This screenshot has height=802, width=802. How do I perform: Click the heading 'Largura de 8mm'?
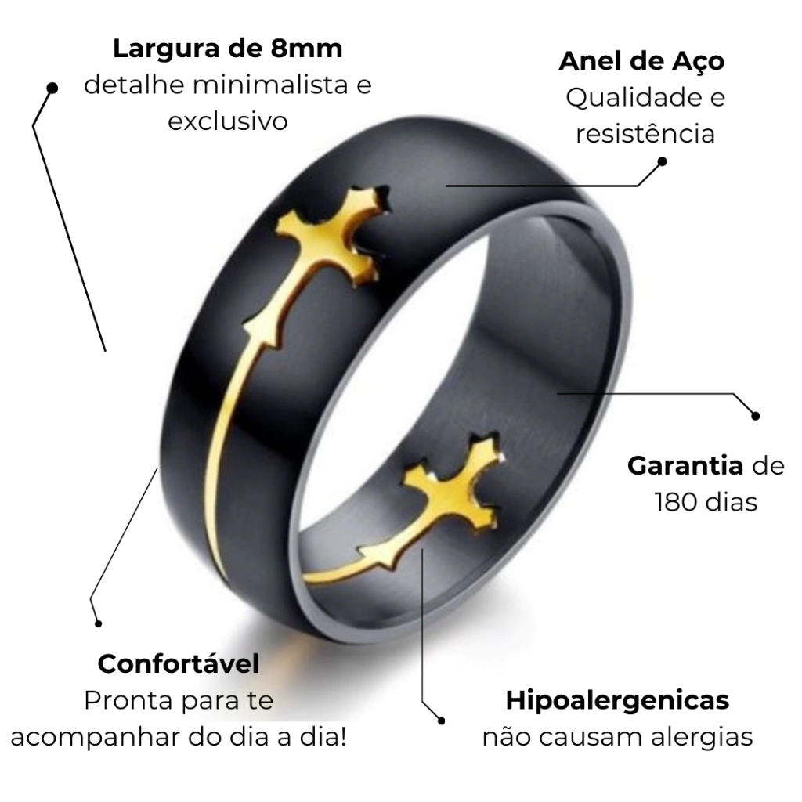pyautogui.click(x=228, y=49)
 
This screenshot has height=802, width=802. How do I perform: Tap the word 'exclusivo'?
pyautogui.click(x=228, y=121)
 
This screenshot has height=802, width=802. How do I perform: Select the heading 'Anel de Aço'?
pyautogui.click(x=642, y=61)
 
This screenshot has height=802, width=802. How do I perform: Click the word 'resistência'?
pyautogui.click(x=645, y=133)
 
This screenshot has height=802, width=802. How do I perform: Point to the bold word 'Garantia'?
pyautogui.click(x=685, y=466)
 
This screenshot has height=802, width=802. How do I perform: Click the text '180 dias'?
pyautogui.click(x=706, y=502)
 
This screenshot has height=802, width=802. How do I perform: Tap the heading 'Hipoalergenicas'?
pyautogui.click(x=617, y=701)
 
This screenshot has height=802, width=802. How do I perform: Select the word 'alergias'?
pyautogui.click(x=702, y=737)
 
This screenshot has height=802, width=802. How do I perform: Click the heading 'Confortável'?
pyautogui.click(x=179, y=664)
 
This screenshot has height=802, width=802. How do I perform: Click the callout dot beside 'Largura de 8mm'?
pyautogui.click(x=52, y=88)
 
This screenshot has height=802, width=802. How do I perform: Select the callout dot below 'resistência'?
pyautogui.click(x=662, y=161)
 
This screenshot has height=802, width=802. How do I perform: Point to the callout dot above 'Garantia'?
pyautogui.click(x=756, y=416)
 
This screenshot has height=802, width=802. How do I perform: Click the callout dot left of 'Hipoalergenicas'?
pyautogui.click(x=442, y=721)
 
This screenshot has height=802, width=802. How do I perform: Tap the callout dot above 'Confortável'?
pyautogui.click(x=98, y=623)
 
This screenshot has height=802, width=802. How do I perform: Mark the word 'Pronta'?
pyautogui.click(x=128, y=701)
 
